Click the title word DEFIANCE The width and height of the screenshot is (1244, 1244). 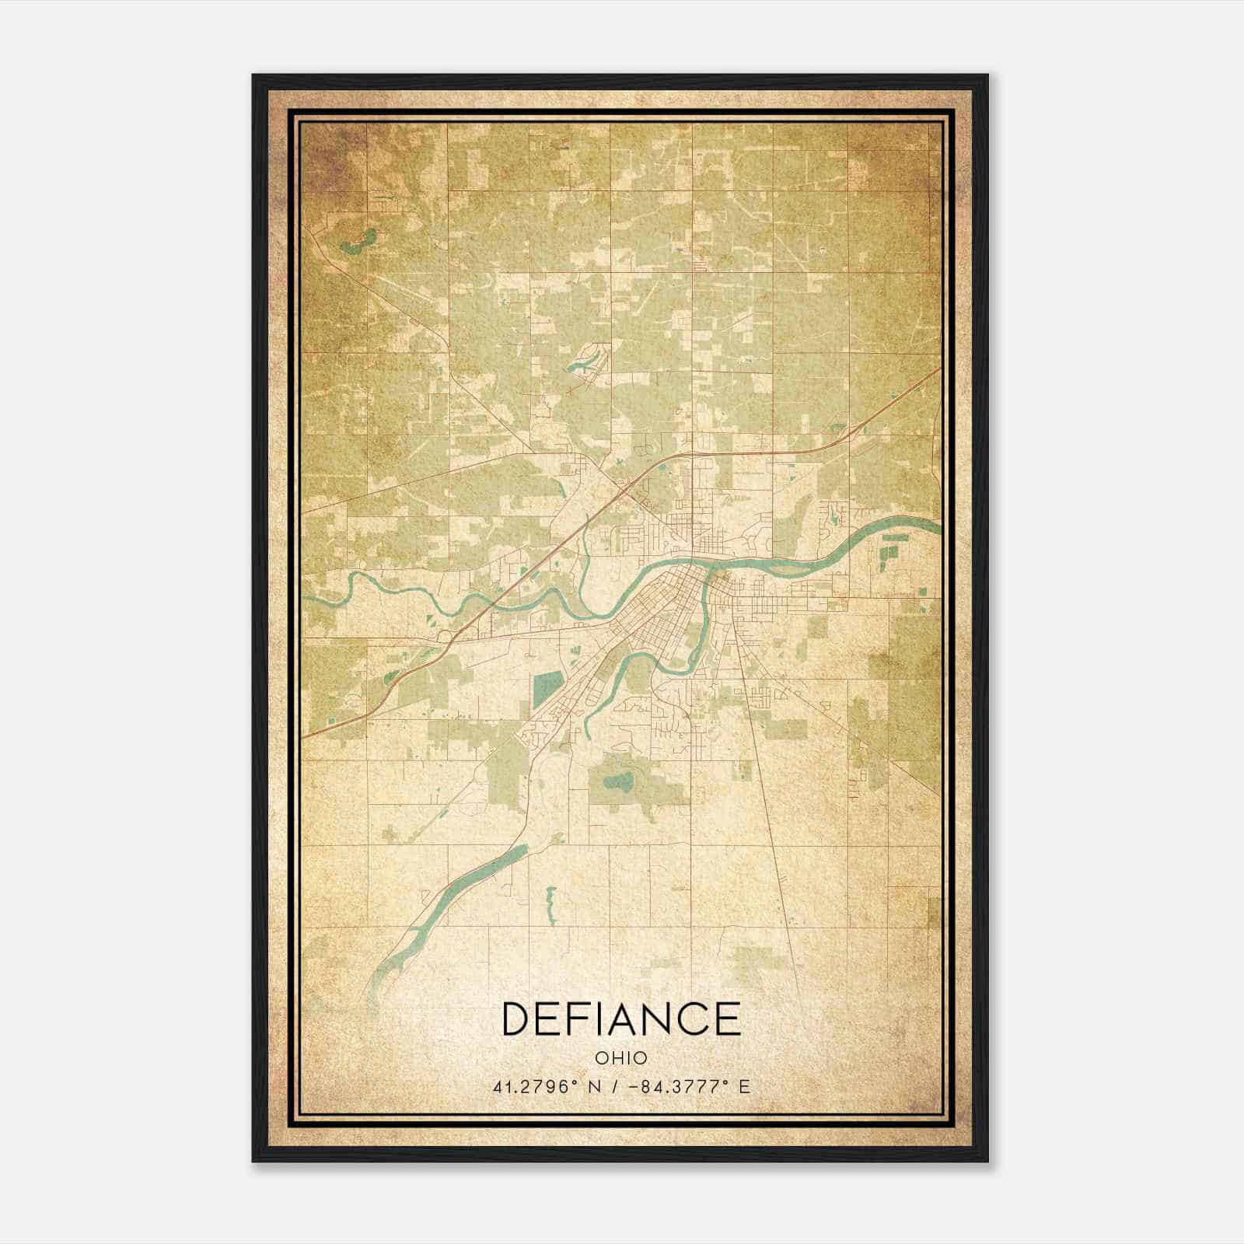coord(621,1019)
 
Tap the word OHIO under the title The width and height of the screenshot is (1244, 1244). coord(621,1058)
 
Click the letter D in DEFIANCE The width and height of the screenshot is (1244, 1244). coord(519,1019)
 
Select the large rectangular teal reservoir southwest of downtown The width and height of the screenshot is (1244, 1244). coord(547,686)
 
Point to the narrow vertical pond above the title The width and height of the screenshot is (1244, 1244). coord(550,902)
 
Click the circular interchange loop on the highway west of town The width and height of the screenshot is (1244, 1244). coord(446,637)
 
